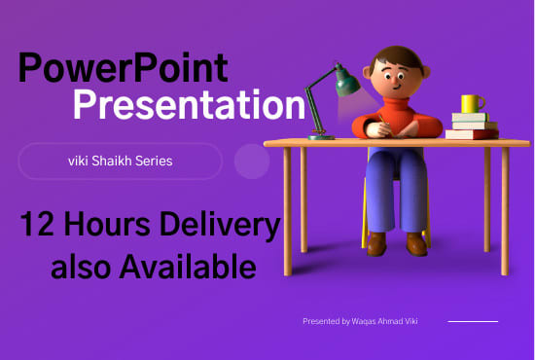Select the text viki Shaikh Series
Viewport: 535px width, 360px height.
pyautogui.click(x=120, y=161)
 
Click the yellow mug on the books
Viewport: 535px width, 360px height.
pyautogui.click(x=472, y=103)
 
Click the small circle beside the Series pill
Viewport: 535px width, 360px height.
pyautogui.click(x=253, y=162)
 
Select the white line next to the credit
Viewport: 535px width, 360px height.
pyautogui.click(x=472, y=320)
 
